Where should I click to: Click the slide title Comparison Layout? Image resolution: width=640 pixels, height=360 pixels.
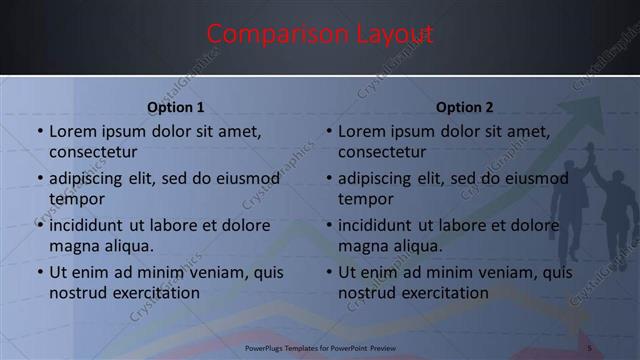tap(320, 34)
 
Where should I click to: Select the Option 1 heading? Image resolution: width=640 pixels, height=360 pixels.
tap(176, 107)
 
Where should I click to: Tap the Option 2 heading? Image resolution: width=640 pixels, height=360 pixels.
tap(465, 107)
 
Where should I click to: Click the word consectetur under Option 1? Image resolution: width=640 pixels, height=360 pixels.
tap(93, 152)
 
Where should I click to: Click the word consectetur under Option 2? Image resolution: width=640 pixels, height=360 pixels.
tap(382, 152)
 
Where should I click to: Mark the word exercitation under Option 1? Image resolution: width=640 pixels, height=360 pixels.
tap(152, 293)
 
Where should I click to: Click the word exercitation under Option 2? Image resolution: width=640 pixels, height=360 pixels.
tap(441, 293)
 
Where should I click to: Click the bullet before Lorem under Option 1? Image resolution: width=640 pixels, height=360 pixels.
tap(39, 132)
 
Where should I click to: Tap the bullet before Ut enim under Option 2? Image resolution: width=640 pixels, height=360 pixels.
tap(328, 272)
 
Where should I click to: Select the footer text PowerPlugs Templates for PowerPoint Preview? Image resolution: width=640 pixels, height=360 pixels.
tap(320, 348)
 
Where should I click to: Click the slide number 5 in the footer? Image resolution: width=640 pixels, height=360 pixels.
tap(590, 348)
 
